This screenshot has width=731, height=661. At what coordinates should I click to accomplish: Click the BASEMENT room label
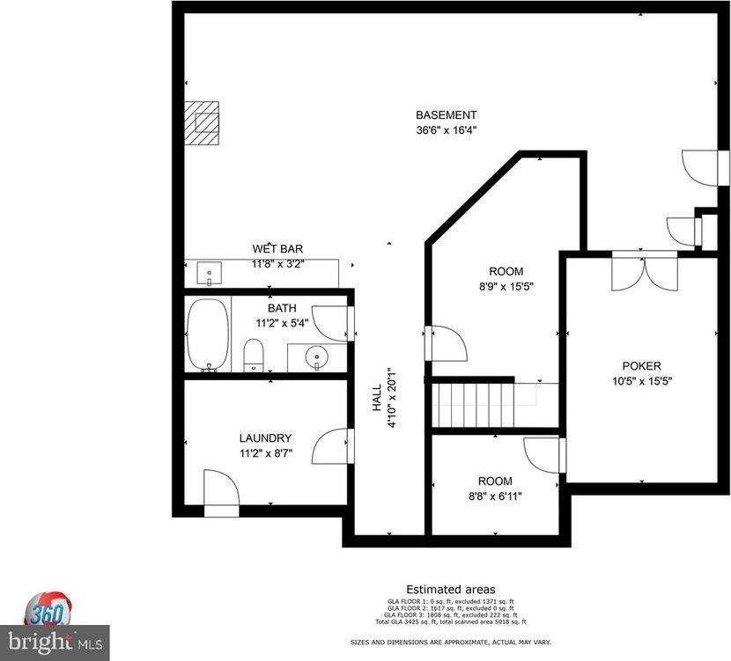pos(446,115)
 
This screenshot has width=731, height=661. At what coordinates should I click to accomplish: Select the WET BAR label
pos(277,249)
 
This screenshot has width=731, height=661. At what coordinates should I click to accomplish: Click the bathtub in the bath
pos(208,334)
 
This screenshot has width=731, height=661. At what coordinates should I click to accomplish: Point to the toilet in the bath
pos(253,356)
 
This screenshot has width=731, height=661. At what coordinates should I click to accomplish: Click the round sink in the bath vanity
pos(315,357)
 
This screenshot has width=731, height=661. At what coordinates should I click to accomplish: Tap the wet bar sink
pos(210,274)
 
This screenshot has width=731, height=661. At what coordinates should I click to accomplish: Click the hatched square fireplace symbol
pos(202,121)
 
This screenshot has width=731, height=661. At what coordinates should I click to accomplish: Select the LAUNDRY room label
pos(265,438)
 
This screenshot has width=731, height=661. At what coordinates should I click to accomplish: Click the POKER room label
pos(641,366)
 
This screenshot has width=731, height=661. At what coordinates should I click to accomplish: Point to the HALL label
pos(377,397)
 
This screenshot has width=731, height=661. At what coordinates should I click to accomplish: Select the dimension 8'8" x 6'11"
pos(494,496)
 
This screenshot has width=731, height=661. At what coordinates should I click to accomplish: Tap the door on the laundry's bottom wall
pos(221,492)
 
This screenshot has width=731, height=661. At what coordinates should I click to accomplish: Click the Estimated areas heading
pos(450,589)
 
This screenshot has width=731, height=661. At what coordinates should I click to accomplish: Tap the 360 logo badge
pos(48,609)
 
